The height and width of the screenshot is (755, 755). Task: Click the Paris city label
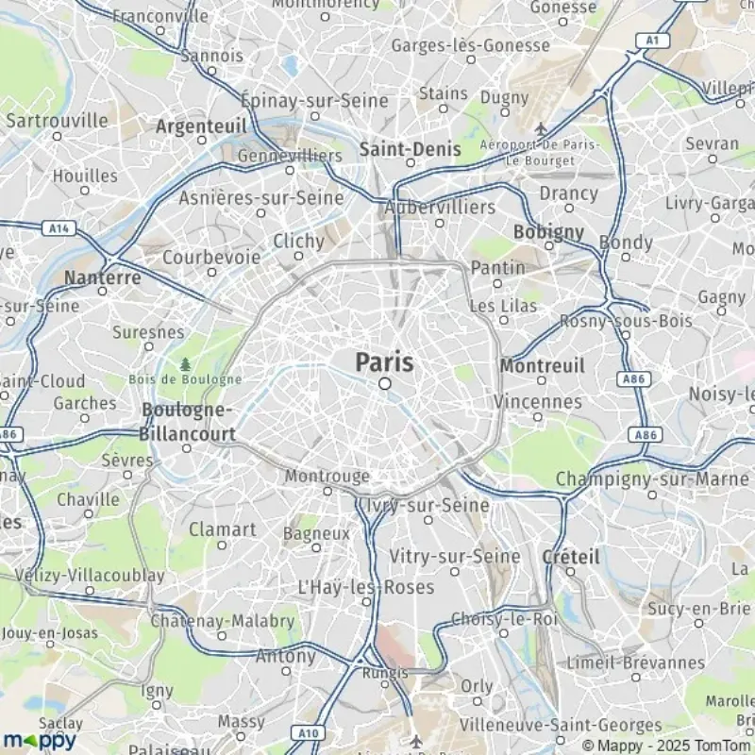pyautogui.click(x=385, y=361)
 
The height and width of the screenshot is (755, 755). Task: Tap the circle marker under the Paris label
pyautogui.click(x=385, y=383)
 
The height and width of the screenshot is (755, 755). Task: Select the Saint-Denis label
pyautogui.click(x=410, y=149)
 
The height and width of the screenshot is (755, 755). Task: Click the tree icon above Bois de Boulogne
pyautogui.click(x=185, y=363)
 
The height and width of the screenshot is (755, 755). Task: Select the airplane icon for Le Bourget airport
pyautogui.click(x=541, y=128)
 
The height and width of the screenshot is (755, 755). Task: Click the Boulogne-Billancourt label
pyautogui.click(x=187, y=421)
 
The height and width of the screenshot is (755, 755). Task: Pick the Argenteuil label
pyautogui.click(x=201, y=126)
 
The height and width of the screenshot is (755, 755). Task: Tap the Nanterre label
pyautogui.click(x=103, y=277)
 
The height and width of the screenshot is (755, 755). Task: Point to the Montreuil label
pyautogui.click(x=542, y=365)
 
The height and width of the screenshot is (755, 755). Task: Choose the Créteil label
pyautogui.click(x=570, y=557)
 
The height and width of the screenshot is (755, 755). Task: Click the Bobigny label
pyautogui.click(x=548, y=231)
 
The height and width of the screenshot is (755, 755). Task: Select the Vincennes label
pyautogui.click(x=538, y=401)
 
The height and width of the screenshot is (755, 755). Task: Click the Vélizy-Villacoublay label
pyautogui.click(x=76, y=575)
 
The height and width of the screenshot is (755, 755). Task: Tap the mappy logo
pyautogui.click(x=39, y=739)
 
